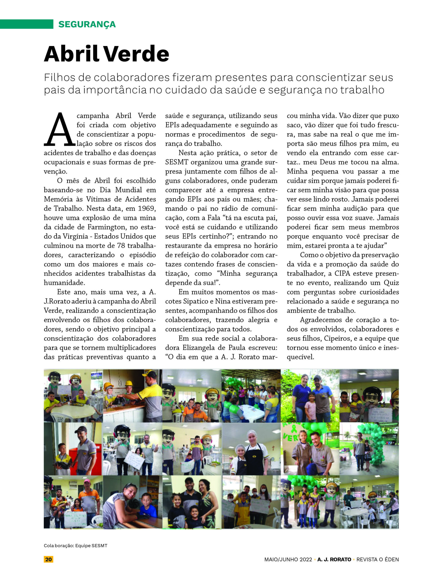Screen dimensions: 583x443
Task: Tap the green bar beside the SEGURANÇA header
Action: point(26,24)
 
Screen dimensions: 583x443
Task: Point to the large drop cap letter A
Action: point(59,130)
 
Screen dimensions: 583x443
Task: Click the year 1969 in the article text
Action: point(147,208)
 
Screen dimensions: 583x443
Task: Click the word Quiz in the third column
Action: point(391,283)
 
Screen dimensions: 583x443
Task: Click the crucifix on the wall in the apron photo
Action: point(273,448)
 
